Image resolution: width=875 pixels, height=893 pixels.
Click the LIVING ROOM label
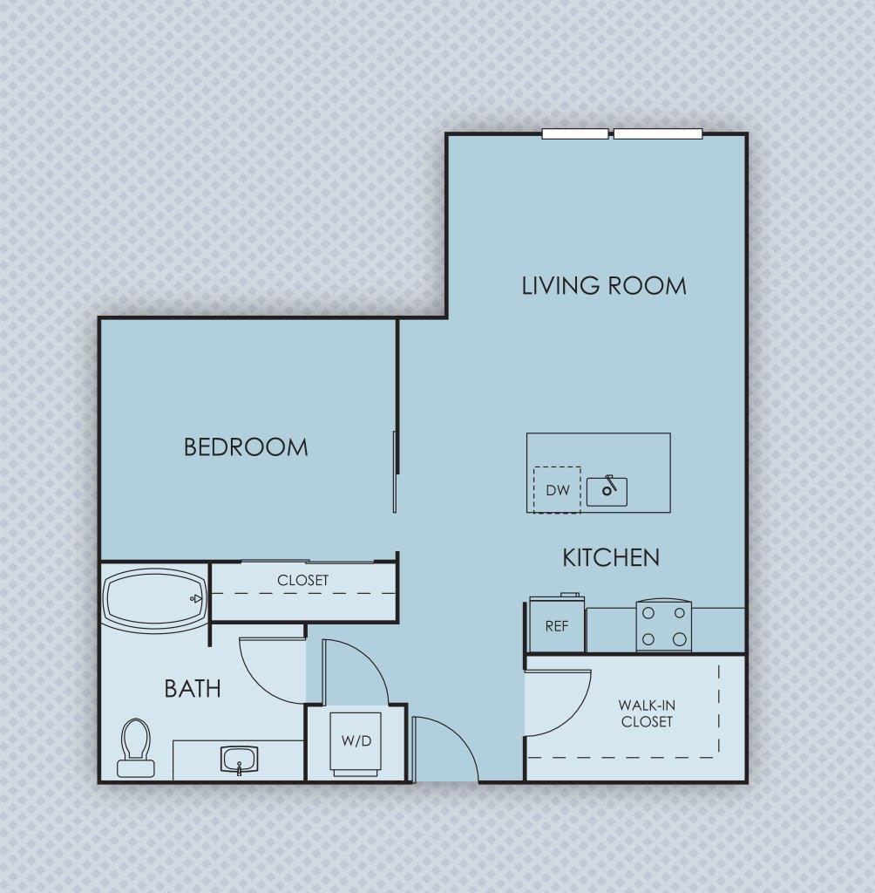point(603,285)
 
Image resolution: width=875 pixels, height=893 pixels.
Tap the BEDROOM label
point(246,447)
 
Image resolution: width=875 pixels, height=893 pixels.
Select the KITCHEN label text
point(610,557)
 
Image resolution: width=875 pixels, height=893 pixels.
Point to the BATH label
point(193,689)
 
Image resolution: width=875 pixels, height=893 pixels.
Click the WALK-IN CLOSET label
point(646,713)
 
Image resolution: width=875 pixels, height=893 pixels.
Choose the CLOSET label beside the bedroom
point(302,580)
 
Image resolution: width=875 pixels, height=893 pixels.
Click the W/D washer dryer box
point(356,743)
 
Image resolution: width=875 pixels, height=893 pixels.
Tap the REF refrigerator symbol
point(557,625)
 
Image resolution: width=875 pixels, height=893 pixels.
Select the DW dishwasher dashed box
point(557,490)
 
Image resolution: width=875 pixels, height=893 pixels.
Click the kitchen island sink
point(607,491)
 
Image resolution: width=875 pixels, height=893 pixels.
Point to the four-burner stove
point(663,626)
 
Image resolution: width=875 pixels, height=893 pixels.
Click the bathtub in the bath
point(154,598)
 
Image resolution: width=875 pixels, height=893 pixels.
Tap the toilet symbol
point(135,748)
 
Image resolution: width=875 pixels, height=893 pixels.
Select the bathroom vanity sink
point(238,760)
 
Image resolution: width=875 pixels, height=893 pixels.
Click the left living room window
point(575,133)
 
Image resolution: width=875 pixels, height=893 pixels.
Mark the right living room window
point(658,133)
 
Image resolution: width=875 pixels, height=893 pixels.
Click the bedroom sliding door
point(396,471)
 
